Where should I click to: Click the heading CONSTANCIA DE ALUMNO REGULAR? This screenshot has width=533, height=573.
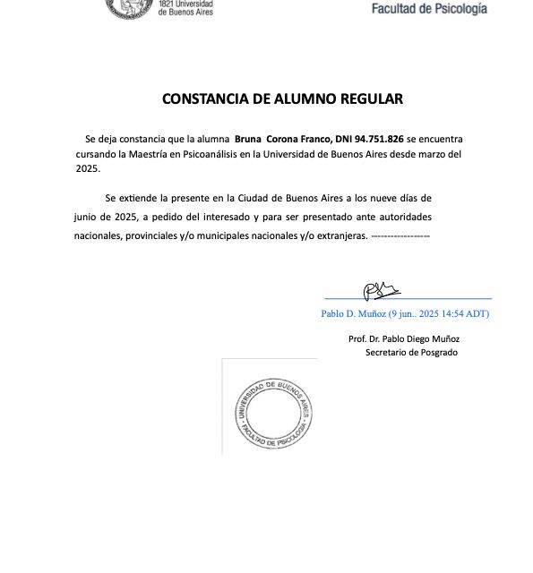[282, 98]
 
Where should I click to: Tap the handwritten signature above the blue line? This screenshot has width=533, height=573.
[381, 289]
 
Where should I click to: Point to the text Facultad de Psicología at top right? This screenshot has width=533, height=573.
[430, 9]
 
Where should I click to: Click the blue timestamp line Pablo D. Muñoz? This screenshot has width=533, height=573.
[405, 314]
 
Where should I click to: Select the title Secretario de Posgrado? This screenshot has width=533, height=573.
[411, 353]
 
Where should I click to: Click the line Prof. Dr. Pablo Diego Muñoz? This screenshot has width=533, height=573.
[404, 339]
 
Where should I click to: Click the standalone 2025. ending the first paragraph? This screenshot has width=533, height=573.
[88, 168]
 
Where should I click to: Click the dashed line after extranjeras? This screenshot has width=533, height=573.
[400, 235]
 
